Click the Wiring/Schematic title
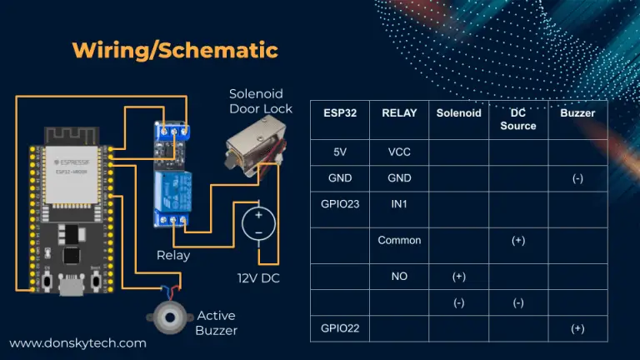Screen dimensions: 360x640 pos(175,50)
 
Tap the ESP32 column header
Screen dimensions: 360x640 pos(339,112)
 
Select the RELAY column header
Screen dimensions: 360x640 pos(399,112)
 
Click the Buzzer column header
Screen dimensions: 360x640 pos(577,112)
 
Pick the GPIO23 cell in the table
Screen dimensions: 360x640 pos(339,202)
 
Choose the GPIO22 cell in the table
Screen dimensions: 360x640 pos(339,328)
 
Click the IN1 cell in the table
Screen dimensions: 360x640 pos(399,202)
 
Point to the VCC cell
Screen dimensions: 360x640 pos(399,152)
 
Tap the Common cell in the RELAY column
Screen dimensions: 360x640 pos(399,240)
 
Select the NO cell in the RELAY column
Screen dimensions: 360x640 pos(399,274)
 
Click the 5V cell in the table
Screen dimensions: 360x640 pos(339,152)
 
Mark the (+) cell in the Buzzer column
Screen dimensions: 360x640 pos(577,328)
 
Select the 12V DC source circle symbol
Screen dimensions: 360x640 pos(259,224)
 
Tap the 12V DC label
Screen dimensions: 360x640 pos(258,277)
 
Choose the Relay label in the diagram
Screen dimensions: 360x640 pos(173,255)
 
